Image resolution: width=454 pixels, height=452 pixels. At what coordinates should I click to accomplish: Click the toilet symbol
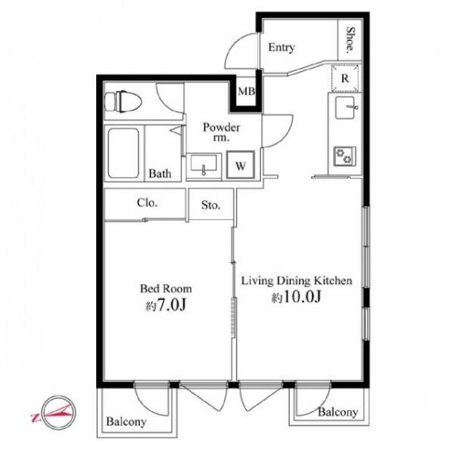point(123,101)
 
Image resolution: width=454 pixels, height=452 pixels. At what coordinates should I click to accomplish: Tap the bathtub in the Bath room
point(123,153)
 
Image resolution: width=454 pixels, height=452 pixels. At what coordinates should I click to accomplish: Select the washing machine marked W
point(241,165)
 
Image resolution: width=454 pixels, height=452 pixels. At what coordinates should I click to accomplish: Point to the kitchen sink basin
point(346,107)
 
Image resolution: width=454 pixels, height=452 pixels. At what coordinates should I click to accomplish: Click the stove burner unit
point(344,156)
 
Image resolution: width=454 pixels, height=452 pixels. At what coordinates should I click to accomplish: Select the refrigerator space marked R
point(345,78)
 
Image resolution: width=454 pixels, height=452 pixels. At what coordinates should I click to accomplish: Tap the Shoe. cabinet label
point(350,39)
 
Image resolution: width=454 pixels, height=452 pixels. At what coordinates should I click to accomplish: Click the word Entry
point(281,48)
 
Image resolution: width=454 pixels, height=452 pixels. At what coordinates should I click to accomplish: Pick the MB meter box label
point(246,91)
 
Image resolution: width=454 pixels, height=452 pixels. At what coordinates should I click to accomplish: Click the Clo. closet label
point(147,203)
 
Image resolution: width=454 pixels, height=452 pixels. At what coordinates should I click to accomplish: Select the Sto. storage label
point(211,205)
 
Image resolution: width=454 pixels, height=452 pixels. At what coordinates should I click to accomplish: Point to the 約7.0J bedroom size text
point(165,305)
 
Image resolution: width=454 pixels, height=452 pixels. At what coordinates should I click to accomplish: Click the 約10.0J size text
point(296,297)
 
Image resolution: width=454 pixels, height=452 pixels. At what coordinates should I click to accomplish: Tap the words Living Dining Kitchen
point(297,281)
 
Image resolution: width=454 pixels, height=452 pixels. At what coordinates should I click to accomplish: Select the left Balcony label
point(126,422)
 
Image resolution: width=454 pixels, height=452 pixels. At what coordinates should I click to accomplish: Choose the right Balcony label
point(338,412)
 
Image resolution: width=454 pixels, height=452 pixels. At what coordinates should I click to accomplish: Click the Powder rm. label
point(221,132)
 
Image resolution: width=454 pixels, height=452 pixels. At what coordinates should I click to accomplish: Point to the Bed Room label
point(166,289)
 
